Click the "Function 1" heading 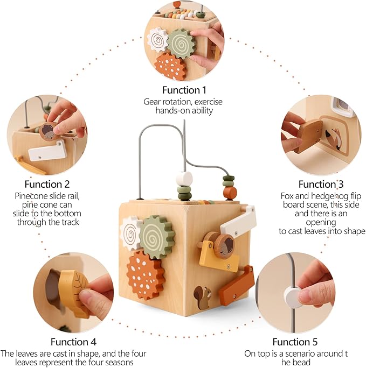point(184,90)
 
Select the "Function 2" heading point(47,184)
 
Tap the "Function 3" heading point(321,184)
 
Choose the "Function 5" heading point(294,342)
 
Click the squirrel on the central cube point(203,298)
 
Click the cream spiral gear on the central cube point(130,233)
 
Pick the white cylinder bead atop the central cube point(185,179)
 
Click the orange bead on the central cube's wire point(230,192)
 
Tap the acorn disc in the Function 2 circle point(49,131)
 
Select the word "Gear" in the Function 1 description point(152,101)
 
